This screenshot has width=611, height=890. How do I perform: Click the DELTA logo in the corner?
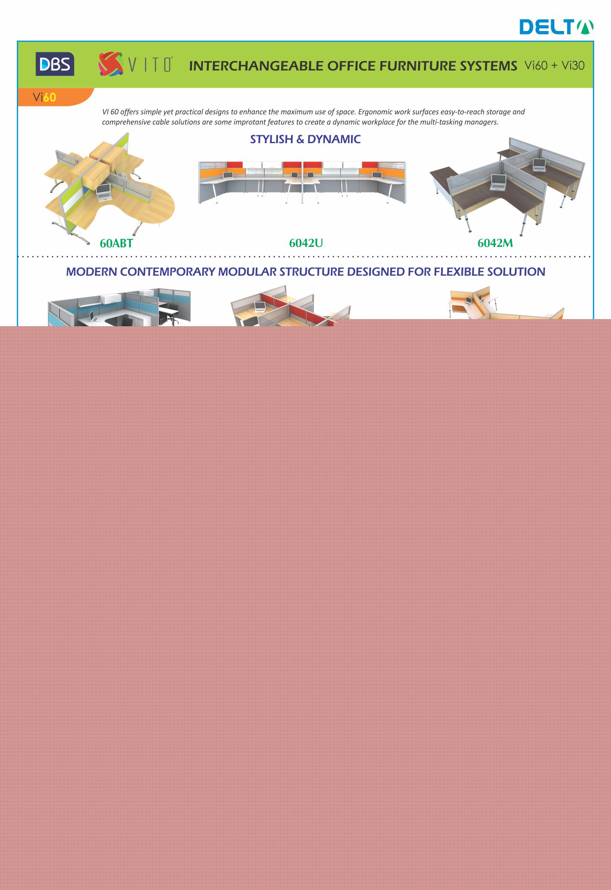(x=557, y=27)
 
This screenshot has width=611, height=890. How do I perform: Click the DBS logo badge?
(x=55, y=64)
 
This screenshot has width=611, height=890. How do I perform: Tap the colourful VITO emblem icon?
(x=110, y=64)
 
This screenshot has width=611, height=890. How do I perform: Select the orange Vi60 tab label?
(x=44, y=97)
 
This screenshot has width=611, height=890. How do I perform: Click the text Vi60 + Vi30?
(x=554, y=65)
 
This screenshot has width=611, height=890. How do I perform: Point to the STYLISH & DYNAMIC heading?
(x=305, y=139)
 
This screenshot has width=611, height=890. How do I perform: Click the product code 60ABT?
(x=116, y=243)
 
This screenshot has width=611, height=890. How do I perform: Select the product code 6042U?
(x=306, y=243)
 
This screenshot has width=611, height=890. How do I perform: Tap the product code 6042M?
(x=495, y=243)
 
